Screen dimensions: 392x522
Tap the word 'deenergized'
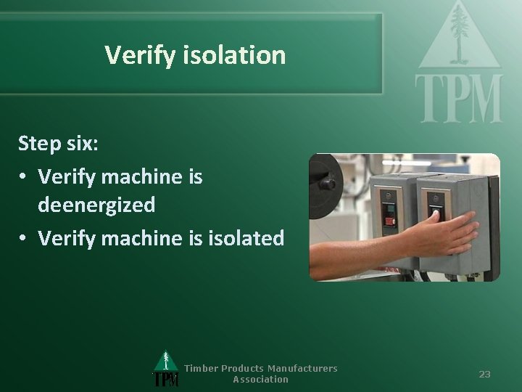point(96,205)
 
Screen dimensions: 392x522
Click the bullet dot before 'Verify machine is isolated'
point(24,237)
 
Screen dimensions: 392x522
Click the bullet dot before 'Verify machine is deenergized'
point(24,176)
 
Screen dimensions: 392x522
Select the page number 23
point(484,374)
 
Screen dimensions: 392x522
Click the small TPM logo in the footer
point(166,369)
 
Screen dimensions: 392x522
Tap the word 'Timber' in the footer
point(200,368)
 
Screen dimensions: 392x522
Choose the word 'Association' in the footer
point(260,379)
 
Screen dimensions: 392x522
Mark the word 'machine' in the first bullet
point(136,176)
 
